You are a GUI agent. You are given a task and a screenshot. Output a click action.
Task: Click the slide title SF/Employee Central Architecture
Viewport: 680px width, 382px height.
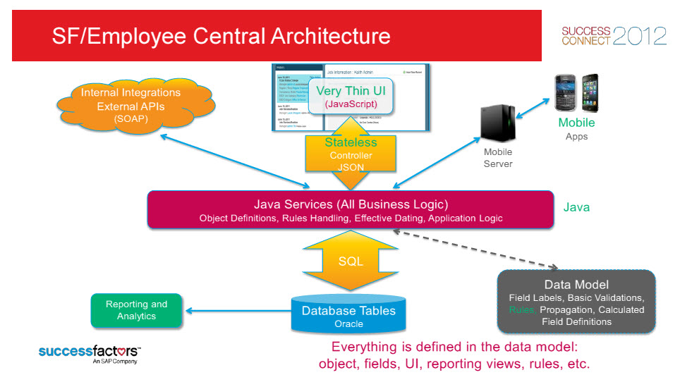tap(221, 36)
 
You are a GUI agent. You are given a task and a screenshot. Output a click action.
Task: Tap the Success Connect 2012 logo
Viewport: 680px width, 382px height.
tap(613, 35)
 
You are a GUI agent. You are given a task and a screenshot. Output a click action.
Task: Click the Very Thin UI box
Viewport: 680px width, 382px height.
tap(351, 97)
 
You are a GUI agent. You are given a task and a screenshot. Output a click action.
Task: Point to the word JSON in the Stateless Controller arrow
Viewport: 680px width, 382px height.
tap(351, 167)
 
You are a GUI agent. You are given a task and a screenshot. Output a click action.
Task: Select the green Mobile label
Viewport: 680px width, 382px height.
tap(576, 123)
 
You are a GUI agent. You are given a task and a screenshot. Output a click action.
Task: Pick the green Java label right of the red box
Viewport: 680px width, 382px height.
tap(576, 207)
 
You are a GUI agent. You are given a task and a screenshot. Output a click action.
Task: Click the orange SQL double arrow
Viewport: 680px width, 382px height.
tap(351, 261)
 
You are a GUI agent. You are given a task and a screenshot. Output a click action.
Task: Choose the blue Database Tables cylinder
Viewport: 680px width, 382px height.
tap(348, 314)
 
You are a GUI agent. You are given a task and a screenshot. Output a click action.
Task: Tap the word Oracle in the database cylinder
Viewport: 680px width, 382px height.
tap(348, 324)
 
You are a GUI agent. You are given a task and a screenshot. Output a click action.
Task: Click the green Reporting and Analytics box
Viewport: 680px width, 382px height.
tap(136, 310)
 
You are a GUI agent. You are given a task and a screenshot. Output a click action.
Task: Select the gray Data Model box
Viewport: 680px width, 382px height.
tap(576, 301)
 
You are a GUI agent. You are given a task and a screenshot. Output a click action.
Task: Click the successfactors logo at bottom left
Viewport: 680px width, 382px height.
tap(90, 352)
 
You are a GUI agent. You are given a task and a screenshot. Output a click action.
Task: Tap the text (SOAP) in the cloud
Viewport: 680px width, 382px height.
tap(130, 119)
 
